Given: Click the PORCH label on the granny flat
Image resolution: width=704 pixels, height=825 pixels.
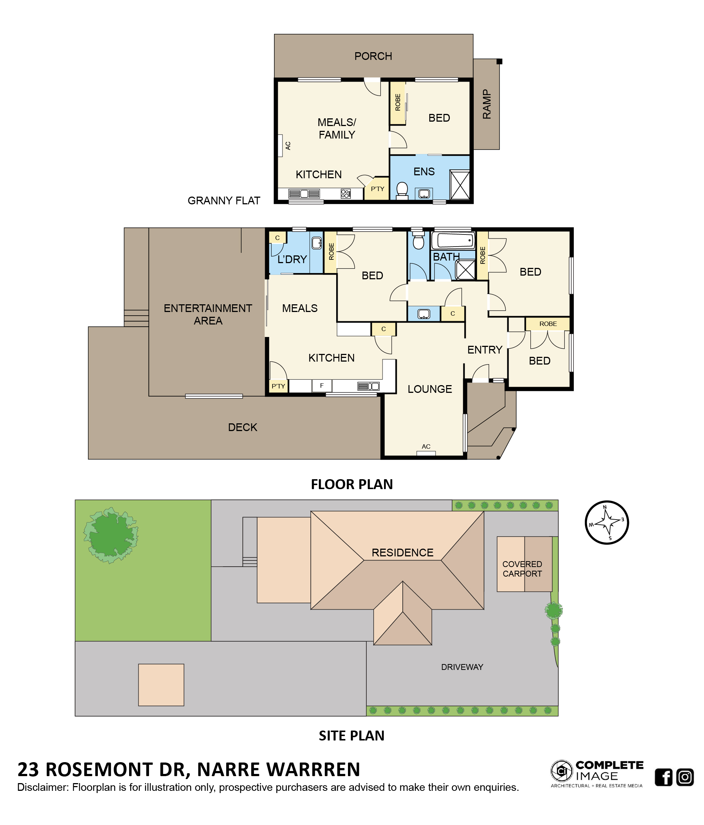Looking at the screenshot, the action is click(373, 56).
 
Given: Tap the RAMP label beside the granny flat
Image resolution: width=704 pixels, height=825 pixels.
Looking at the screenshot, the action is click(487, 104).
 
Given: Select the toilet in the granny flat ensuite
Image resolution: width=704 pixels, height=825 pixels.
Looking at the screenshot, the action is click(402, 191).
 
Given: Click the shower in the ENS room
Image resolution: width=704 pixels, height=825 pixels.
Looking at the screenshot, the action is click(459, 185).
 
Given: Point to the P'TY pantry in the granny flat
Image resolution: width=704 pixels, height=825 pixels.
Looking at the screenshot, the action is click(377, 189).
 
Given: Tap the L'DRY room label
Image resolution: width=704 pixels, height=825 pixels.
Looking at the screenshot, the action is click(292, 259).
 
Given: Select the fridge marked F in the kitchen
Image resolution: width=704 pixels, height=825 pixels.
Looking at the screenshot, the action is click(321, 385).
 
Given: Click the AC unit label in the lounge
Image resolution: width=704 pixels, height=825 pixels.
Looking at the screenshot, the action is click(426, 446).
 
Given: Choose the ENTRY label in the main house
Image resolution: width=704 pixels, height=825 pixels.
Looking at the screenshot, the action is click(484, 349).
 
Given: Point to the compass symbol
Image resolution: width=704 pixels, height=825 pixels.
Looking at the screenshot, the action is click(607, 522).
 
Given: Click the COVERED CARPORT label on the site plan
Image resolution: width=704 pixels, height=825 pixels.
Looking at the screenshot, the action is click(522, 568).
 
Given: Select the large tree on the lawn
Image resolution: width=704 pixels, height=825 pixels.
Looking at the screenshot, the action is click(111, 535).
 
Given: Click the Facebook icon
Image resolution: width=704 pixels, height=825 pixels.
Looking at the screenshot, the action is click(664, 777).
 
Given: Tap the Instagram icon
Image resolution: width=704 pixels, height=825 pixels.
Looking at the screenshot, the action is click(685, 777).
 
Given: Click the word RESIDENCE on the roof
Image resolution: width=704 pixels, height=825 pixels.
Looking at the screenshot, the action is click(402, 552).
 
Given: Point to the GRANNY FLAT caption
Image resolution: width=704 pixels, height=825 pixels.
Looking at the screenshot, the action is click(224, 200).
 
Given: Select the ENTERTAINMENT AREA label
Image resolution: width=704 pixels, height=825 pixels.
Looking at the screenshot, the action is click(207, 314).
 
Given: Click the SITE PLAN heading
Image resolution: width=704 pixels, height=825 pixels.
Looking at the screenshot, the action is click(351, 735).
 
